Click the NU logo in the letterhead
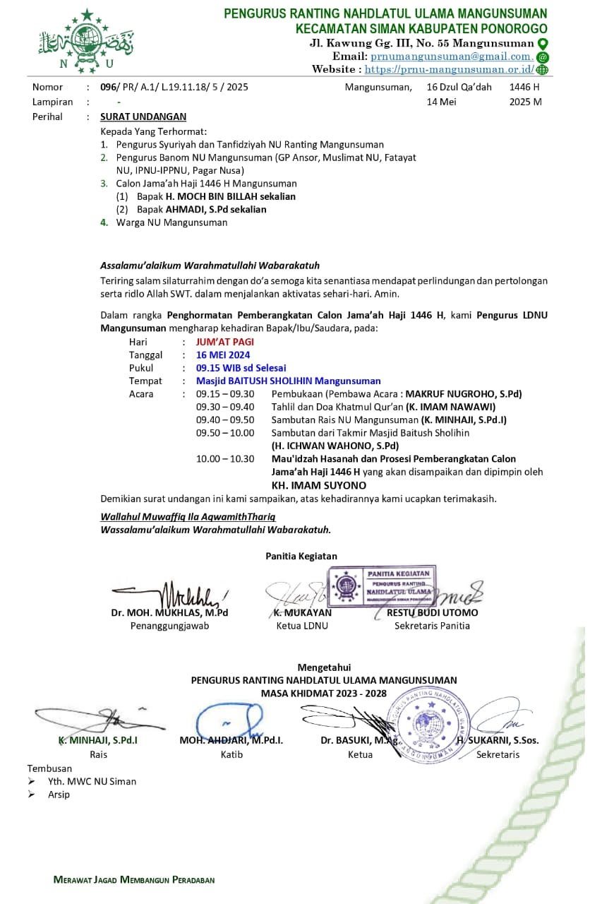[x=86, y=42]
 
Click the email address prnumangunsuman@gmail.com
[x=451, y=56]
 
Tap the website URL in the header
[x=449, y=69]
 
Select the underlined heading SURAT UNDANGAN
[x=143, y=117]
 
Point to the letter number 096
[x=108, y=88]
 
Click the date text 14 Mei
[x=442, y=102]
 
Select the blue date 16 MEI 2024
[x=223, y=355]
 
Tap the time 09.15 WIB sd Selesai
[x=241, y=368]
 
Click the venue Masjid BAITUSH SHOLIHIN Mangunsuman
[x=288, y=381]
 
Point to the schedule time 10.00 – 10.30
[x=225, y=458]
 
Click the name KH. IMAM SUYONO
[x=319, y=485]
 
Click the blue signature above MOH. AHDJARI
[x=229, y=720]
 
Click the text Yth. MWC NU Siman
[x=92, y=781]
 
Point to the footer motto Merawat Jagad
[x=134, y=880]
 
